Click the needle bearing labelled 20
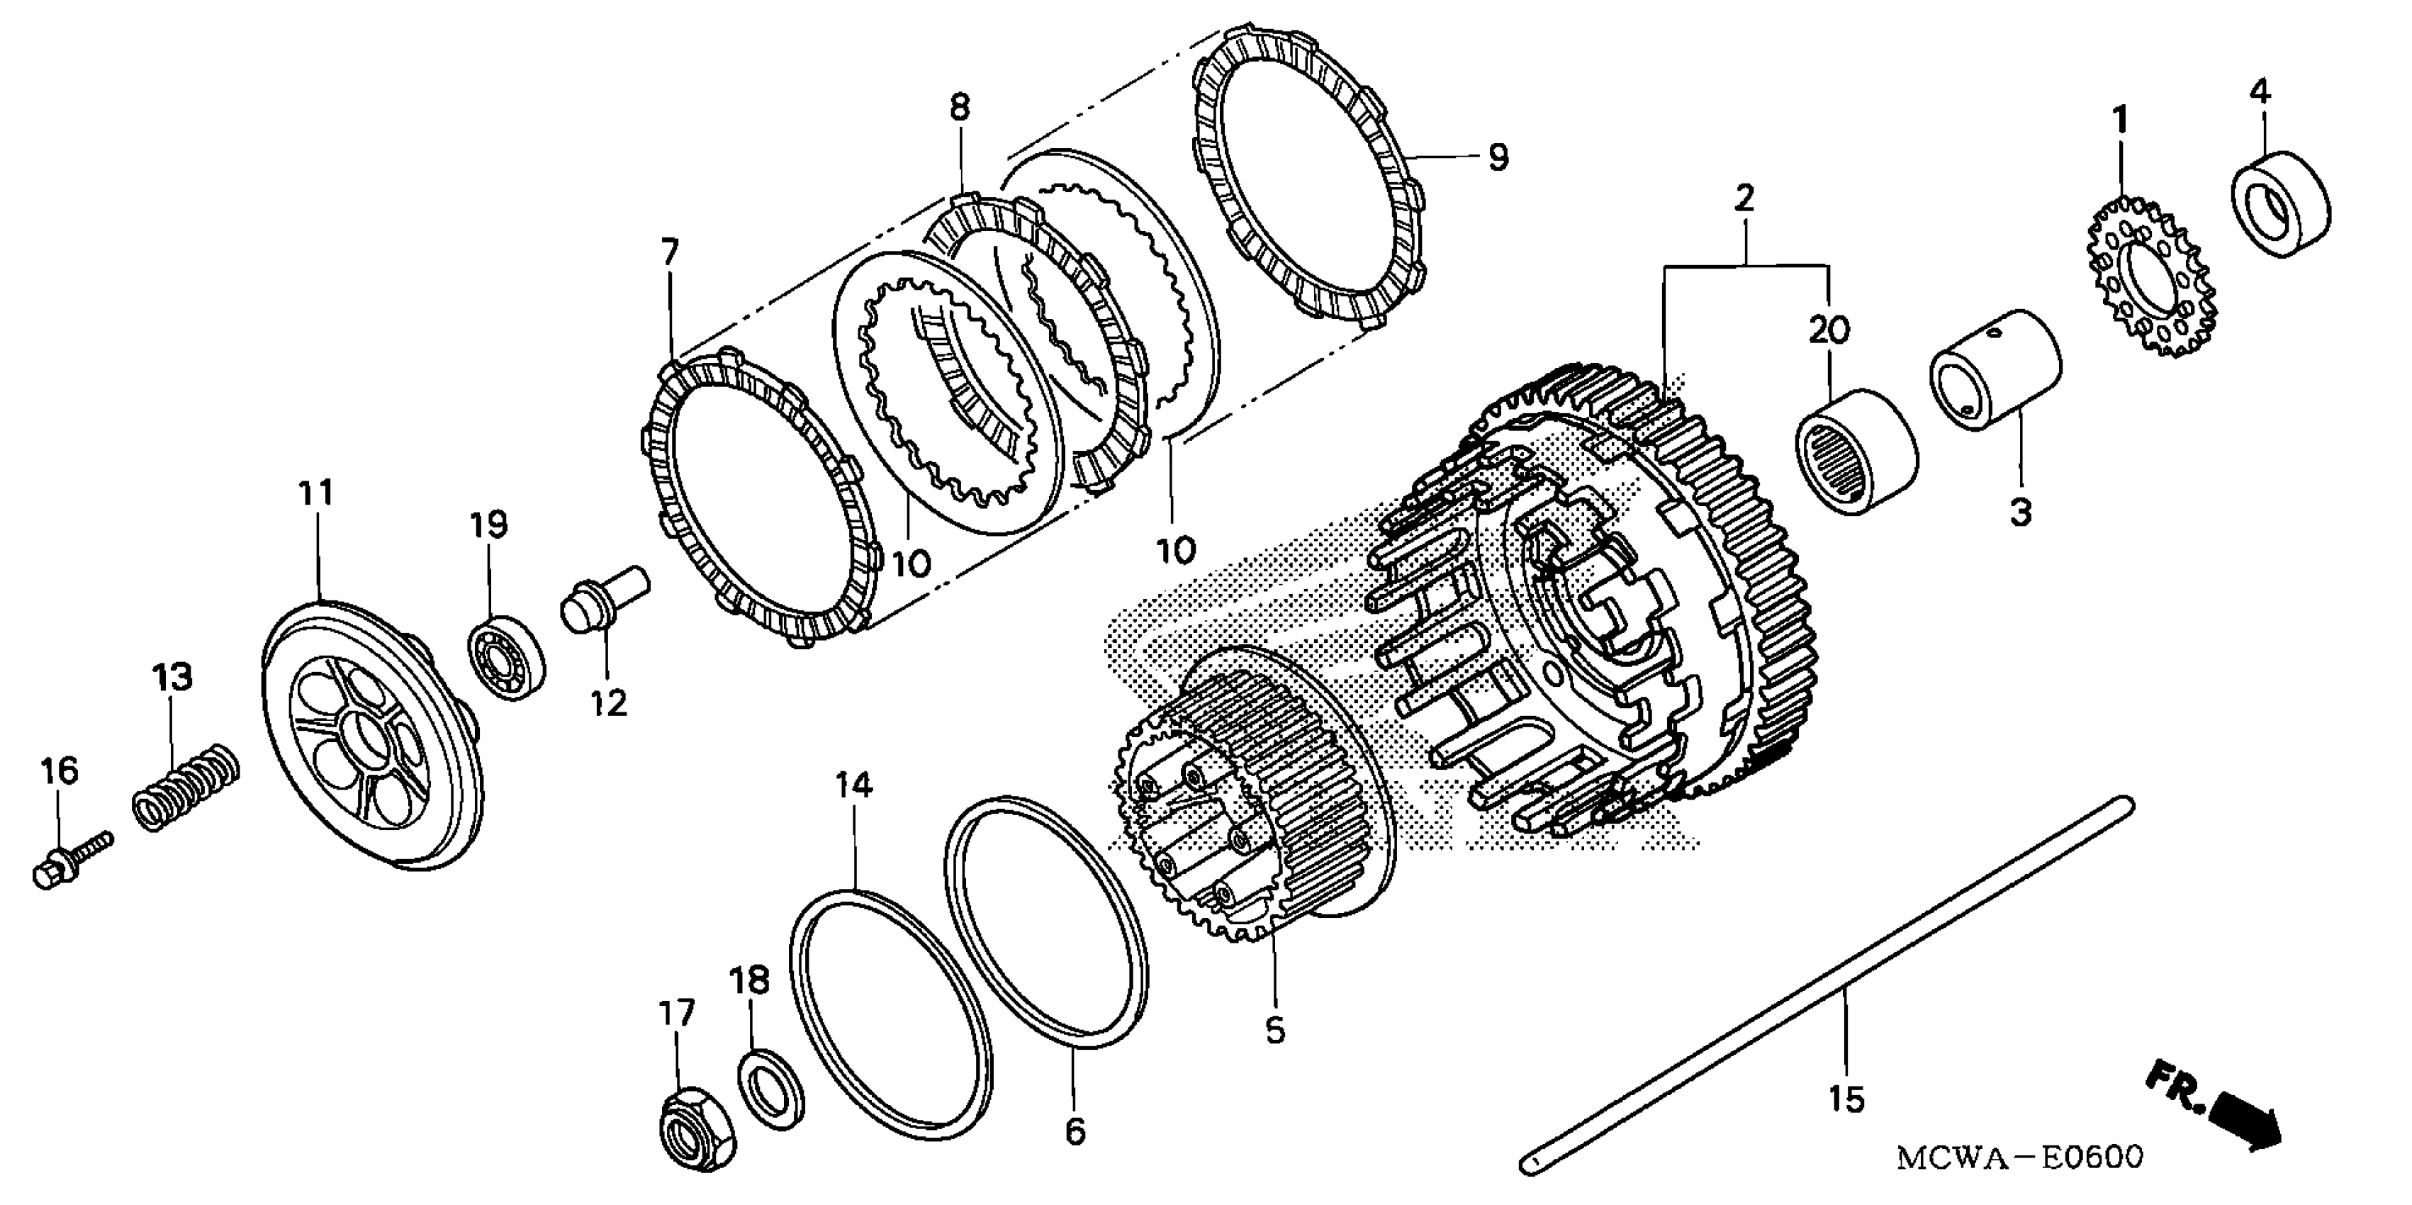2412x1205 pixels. (1856, 452)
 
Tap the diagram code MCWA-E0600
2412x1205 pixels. (2019, 1158)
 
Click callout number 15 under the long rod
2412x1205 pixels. (1846, 1098)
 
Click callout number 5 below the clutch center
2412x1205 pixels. (1274, 1031)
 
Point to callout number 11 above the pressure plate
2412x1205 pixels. (315, 493)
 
